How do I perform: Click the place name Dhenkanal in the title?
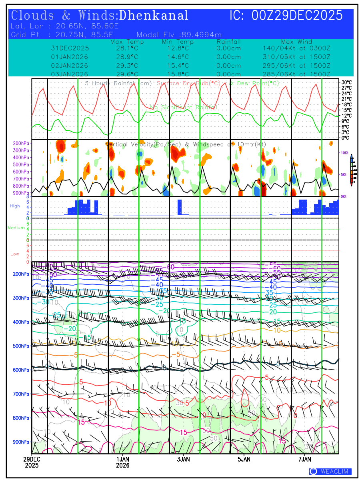[154, 16]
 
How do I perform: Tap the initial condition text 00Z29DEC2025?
[297, 16]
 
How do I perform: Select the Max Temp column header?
[127, 42]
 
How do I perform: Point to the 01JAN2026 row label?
[70, 56]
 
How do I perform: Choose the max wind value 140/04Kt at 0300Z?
[296, 48]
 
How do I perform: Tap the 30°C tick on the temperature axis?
[346, 82]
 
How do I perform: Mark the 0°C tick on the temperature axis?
[345, 138]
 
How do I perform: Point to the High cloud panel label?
[15, 206]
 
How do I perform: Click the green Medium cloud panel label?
[16, 228]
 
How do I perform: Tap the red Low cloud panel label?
[15, 254]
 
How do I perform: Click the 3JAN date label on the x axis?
[183, 459]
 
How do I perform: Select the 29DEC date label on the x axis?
[31, 459]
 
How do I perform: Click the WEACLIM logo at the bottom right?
[330, 471]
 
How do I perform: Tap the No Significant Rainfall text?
[184, 107]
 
